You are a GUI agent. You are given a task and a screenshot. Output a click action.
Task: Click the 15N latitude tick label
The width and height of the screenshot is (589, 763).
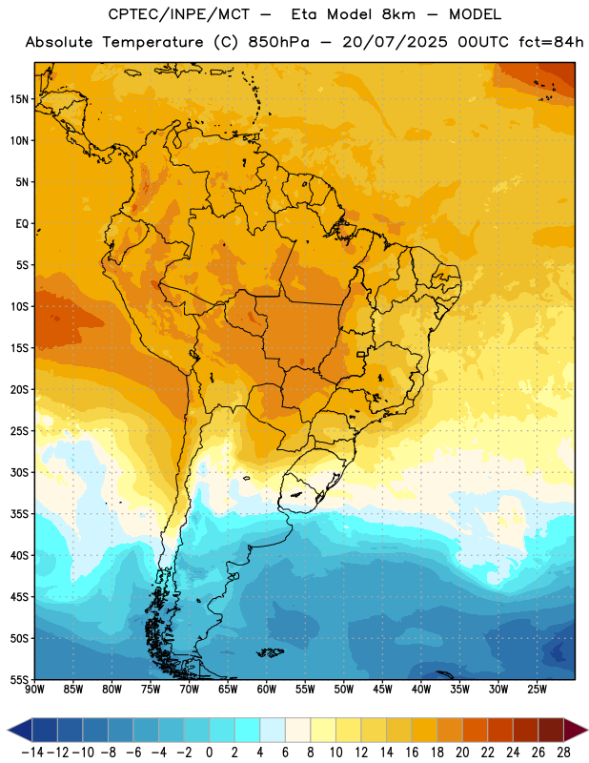19,99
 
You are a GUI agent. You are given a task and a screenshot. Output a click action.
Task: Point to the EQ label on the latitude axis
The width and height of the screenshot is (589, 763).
22,224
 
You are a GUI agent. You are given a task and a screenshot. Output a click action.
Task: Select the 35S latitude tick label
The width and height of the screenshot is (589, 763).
19,514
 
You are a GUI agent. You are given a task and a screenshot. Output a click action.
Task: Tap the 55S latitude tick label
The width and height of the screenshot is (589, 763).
19,679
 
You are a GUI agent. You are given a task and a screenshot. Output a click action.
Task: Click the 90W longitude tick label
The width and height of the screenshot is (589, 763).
34,689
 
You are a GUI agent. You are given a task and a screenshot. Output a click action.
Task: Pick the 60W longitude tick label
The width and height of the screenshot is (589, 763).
267,689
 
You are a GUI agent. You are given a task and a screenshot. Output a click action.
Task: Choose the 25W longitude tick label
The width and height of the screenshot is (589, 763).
537,689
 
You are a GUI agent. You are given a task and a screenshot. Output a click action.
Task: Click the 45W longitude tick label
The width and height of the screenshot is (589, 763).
382,689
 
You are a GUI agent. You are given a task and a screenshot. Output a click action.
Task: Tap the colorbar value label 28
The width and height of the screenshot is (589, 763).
563,753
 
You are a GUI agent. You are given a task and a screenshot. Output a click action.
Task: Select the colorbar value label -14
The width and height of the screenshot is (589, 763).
32,753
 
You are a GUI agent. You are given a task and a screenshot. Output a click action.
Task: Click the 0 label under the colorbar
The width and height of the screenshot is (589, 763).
209,753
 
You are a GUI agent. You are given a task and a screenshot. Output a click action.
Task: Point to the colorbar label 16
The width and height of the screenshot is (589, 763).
412,753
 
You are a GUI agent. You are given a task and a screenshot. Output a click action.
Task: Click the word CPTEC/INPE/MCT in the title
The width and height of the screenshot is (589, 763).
179,14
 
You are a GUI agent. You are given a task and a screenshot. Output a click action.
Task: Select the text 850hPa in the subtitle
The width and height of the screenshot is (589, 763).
278,42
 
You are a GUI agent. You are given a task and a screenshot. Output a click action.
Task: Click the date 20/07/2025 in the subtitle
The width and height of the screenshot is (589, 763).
395,42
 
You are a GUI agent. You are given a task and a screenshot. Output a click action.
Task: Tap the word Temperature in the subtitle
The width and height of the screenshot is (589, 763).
152,42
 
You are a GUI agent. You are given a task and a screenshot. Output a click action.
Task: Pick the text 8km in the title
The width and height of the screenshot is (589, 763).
398,14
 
